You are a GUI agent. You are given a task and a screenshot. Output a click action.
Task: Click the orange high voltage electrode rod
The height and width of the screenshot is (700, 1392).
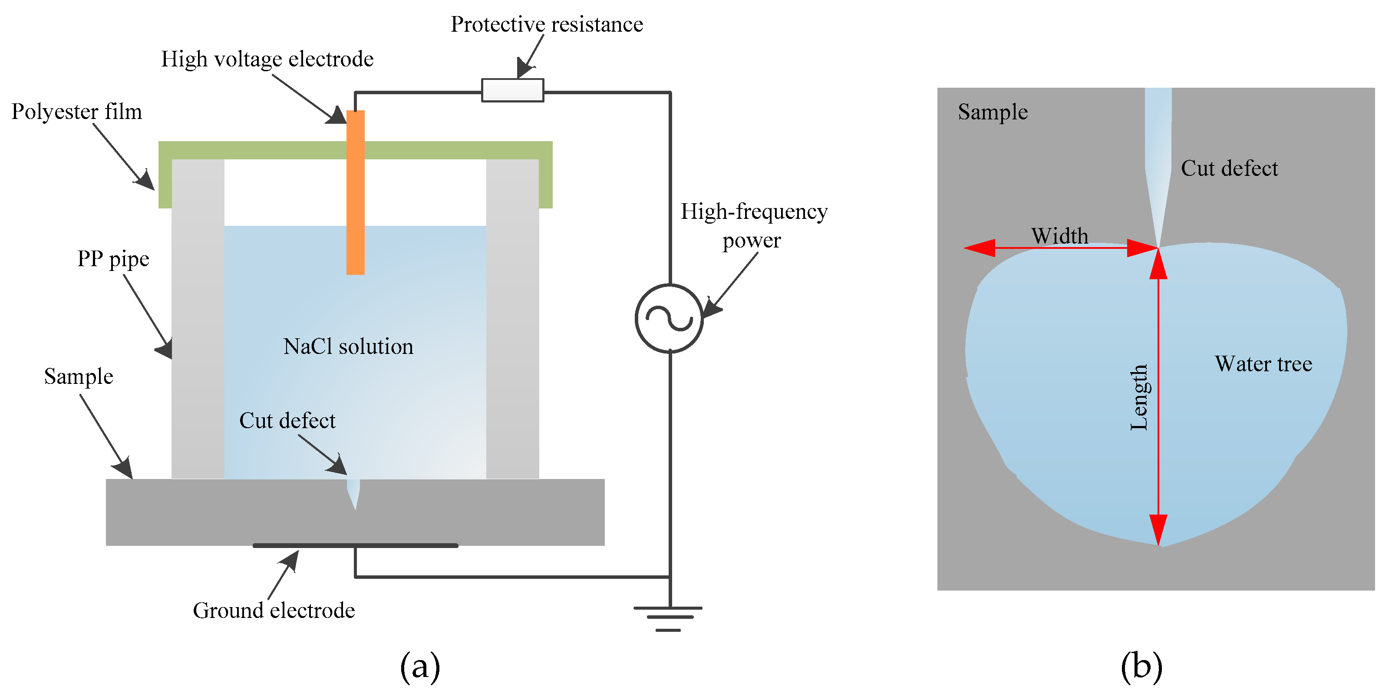[x=356, y=192]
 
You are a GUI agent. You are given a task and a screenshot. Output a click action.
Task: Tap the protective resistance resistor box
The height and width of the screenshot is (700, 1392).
[x=512, y=90]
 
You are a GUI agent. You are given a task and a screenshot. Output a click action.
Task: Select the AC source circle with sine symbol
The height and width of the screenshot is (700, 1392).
[x=669, y=318]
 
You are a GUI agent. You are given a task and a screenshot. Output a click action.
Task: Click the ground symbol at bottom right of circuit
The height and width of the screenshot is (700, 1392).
[x=669, y=618]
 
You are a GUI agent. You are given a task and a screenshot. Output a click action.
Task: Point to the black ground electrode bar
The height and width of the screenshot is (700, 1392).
[x=356, y=545]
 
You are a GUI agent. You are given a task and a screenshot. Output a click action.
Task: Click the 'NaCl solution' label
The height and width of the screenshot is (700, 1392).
[x=348, y=347]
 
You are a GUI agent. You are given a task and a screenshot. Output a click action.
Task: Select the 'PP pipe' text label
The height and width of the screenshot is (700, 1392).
[x=113, y=259]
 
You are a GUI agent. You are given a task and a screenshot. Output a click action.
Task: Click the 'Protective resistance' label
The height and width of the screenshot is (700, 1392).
[x=547, y=24]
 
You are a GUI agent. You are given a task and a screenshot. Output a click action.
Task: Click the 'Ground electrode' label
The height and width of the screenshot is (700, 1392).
[x=274, y=610]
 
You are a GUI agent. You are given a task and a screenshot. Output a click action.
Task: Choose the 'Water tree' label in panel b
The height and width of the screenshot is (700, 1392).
[x=1263, y=364]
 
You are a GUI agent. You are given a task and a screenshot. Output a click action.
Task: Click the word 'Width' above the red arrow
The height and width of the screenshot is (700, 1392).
[x=1059, y=236]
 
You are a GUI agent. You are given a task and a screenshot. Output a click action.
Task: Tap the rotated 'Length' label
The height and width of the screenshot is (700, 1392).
[x=1139, y=397]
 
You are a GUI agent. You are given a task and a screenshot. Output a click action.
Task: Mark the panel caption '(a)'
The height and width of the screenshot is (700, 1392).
[x=420, y=667]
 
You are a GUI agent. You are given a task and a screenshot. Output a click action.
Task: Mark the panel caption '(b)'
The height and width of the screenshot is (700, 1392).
[x=1141, y=667]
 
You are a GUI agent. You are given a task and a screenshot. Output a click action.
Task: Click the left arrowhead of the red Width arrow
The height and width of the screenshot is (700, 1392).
[x=979, y=248]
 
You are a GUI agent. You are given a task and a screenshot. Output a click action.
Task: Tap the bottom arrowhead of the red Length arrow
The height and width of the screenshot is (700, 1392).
[x=1158, y=530]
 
